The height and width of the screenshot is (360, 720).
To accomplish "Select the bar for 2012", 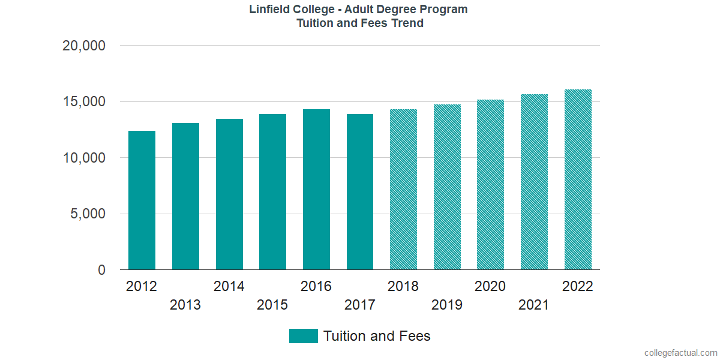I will pyautogui.click(x=142, y=200).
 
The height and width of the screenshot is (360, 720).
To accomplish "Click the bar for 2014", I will pyautogui.click(x=229, y=194).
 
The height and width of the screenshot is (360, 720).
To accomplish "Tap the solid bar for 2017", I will pyautogui.click(x=360, y=192).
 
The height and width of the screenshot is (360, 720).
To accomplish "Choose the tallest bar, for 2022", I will pyautogui.click(x=578, y=180).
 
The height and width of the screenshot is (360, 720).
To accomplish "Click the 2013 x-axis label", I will pyautogui.click(x=185, y=305).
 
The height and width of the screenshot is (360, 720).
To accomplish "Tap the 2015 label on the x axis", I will pyautogui.click(x=272, y=305).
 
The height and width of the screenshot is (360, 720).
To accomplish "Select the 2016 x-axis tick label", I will pyautogui.click(x=316, y=286).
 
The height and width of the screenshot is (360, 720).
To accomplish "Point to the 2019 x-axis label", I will pyautogui.click(x=447, y=305).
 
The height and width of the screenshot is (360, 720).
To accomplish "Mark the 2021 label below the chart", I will pyautogui.click(x=534, y=305).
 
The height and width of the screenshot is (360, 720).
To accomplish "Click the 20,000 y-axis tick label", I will pyautogui.click(x=84, y=46).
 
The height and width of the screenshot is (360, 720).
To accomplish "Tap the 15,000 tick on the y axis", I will pyautogui.click(x=84, y=102).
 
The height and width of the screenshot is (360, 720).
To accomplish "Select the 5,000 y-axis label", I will pyautogui.click(x=88, y=214).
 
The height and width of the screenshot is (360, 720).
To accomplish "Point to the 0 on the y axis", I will pyautogui.click(x=102, y=271).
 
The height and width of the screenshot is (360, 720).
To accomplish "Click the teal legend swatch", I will pyautogui.click(x=303, y=336).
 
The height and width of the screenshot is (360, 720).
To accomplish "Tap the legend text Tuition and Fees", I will pyautogui.click(x=377, y=336).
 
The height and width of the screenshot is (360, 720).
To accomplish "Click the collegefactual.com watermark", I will pyautogui.click(x=680, y=353).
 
